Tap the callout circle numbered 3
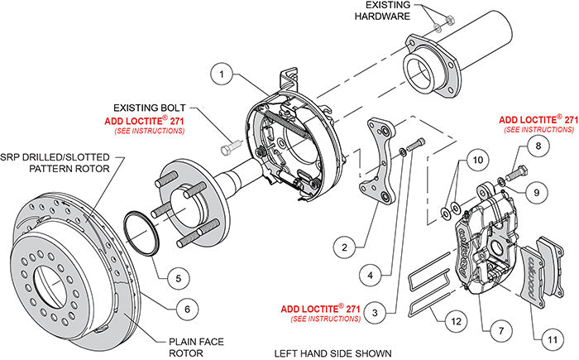pyautogui.click(x=377, y=312)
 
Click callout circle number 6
pyautogui.click(x=188, y=308)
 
